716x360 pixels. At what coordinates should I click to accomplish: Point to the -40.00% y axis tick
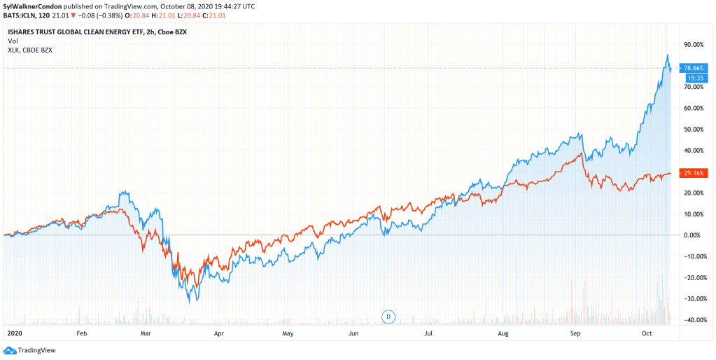[x=694, y=320]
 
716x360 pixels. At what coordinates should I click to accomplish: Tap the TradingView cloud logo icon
[x=9, y=350]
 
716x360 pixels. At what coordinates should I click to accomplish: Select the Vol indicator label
[x=13, y=41]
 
